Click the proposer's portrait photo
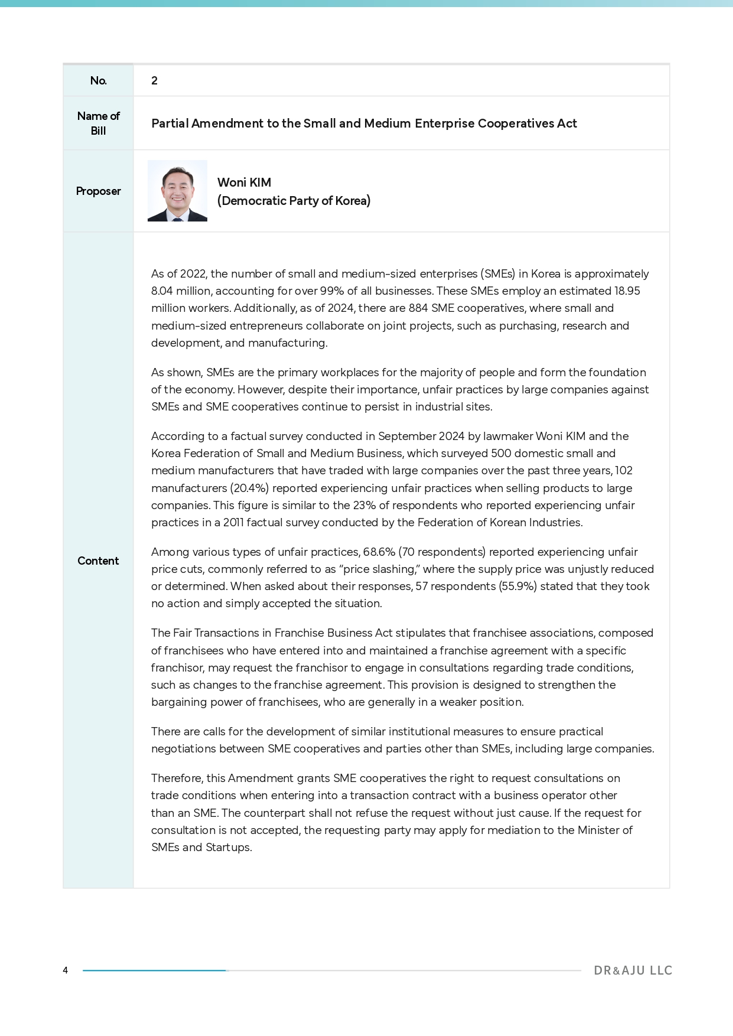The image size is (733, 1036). point(177,191)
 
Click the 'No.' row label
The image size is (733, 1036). point(98,81)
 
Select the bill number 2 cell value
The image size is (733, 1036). point(154,81)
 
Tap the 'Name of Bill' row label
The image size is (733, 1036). point(98,123)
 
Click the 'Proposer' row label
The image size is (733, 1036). point(98,191)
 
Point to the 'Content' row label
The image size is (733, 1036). point(98,561)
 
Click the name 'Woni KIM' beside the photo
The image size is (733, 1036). point(244,183)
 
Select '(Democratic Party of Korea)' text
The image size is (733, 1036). point(294,201)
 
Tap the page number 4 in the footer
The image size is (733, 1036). point(66,970)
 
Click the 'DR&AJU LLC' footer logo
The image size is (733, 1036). point(633,970)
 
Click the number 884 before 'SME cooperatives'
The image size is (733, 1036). point(418,308)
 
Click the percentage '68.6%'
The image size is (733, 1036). point(379,552)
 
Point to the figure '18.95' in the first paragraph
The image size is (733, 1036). point(627,291)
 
